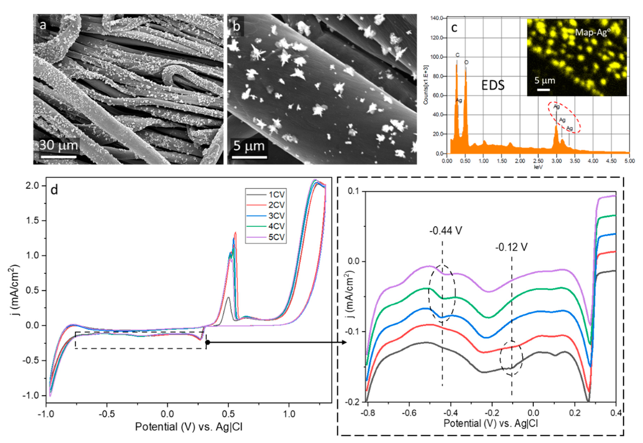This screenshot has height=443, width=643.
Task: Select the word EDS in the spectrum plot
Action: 493,85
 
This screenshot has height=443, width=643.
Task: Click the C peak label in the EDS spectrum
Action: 457,55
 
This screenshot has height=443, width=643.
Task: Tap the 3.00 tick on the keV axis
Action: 556,161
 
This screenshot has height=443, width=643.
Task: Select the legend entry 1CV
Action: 276,194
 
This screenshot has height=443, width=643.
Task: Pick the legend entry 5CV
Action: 276,237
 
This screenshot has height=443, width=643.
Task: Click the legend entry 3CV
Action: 276,216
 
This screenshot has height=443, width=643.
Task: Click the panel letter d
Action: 54,190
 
